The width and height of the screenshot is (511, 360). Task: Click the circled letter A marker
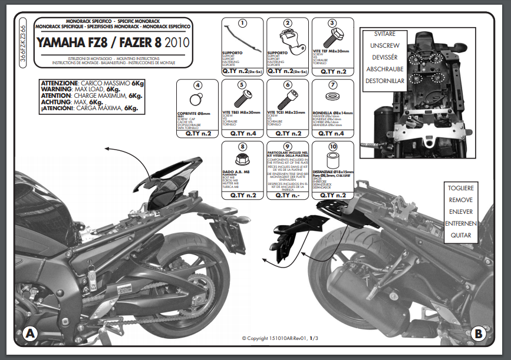click(x=30, y=334)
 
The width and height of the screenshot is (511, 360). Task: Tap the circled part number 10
click(x=333, y=147)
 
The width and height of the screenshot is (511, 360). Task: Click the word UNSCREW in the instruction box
click(x=385, y=45)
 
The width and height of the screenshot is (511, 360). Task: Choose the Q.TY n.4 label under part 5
click(x=242, y=134)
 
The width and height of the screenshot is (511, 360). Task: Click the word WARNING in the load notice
click(x=60, y=89)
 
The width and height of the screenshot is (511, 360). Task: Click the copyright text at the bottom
click(x=280, y=338)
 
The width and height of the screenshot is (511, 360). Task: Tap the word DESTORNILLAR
click(x=385, y=81)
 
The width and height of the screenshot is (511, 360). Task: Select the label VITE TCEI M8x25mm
click(x=287, y=113)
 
